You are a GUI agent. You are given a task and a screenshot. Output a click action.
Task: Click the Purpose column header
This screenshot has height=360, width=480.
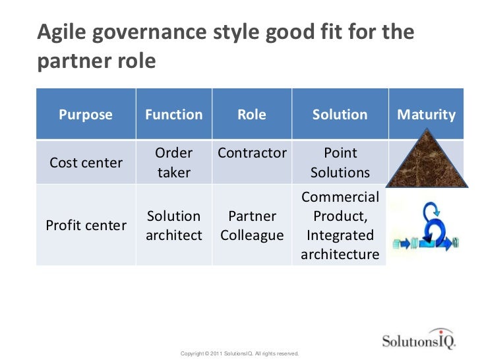86,115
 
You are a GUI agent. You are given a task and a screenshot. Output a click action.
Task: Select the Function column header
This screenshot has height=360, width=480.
173,115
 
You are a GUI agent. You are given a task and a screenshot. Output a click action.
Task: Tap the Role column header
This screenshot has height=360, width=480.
251,115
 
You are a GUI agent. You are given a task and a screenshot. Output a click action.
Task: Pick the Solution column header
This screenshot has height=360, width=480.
340,115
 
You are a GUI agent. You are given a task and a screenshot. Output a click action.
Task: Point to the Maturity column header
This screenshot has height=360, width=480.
426,115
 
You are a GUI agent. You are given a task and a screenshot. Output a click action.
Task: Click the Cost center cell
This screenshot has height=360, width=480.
86,162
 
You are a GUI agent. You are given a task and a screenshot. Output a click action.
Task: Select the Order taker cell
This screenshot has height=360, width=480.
173,162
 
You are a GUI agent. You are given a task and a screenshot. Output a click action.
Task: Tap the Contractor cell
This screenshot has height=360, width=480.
252,153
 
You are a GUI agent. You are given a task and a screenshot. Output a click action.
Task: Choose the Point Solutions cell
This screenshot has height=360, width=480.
340,162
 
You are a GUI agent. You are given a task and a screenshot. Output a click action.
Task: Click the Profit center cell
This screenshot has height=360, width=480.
86,225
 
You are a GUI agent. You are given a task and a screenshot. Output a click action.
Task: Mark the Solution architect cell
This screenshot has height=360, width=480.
173,225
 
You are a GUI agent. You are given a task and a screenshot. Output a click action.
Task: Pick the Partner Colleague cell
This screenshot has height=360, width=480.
252,225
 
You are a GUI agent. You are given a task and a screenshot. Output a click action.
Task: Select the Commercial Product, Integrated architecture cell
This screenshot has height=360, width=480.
340,225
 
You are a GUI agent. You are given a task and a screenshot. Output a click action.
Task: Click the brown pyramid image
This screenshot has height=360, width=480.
426,162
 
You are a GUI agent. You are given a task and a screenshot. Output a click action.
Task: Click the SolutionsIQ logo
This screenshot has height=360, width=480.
417,340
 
